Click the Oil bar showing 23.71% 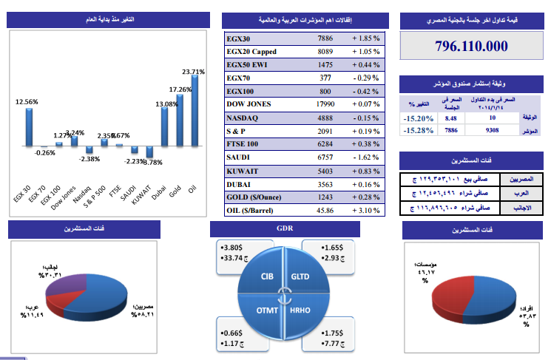pyautogui.click(x=195, y=111)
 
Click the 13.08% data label pyautogui.click(x=167, y=104)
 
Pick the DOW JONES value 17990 pyautogui.click(x=325, y=103)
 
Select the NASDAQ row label pyautogui.click(x=242, y=117)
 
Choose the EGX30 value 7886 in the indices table pyautogui.click(x=325, y=38)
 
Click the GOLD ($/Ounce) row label pyautogui.click(x=256, y=197)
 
